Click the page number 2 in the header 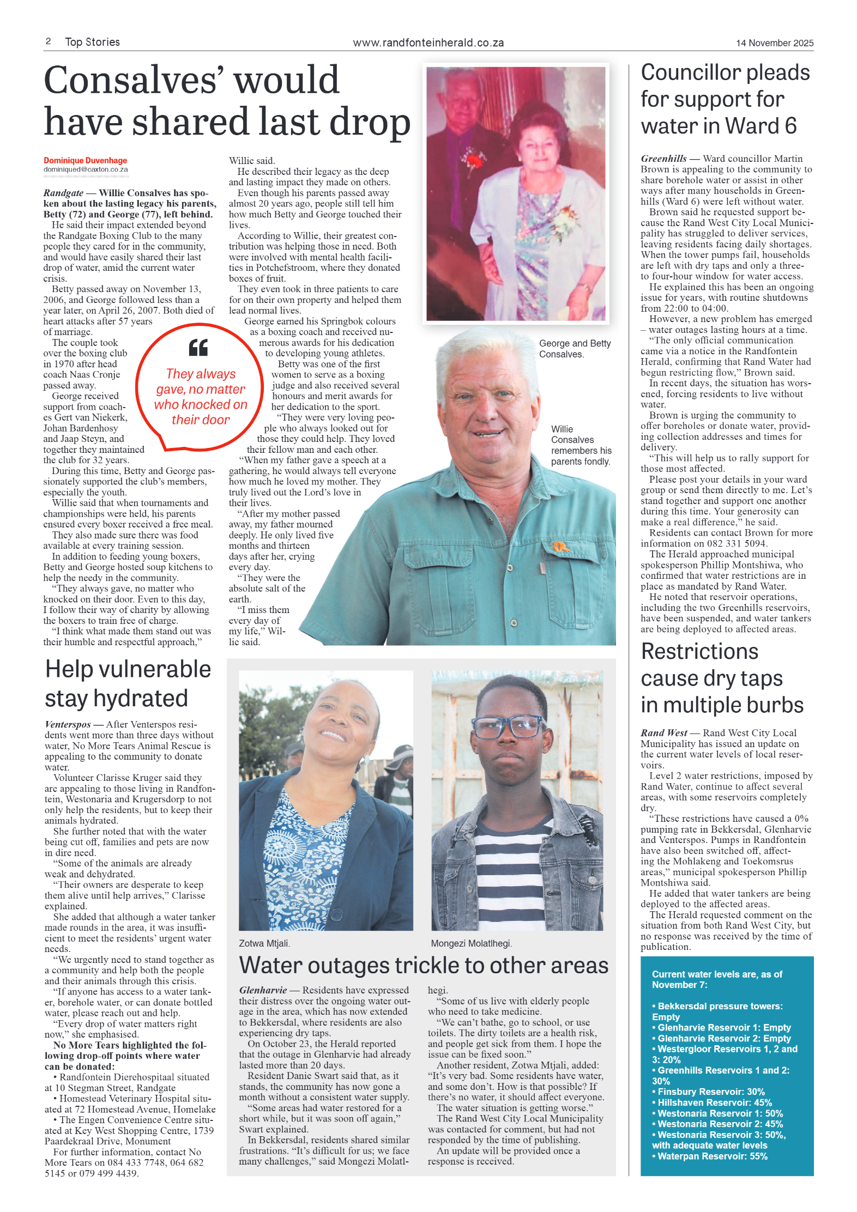(x=49, y=41)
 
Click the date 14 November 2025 (x=774, y=43)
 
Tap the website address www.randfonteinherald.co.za (x=428, y=43)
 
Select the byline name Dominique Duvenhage (x=85, y=160)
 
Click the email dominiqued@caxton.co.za (x=86, y=169)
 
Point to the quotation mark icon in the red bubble (x=198, y=347)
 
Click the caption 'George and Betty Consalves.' (x=575, y=349)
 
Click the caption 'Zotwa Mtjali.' (x=264, y=943)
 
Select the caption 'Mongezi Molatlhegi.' (x=471, y=943)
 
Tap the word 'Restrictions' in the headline (x=699, y=652)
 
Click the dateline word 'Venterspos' (x=68, y=724)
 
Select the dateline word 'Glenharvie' (x=263, y=990)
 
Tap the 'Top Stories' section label (x=92, y=42)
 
